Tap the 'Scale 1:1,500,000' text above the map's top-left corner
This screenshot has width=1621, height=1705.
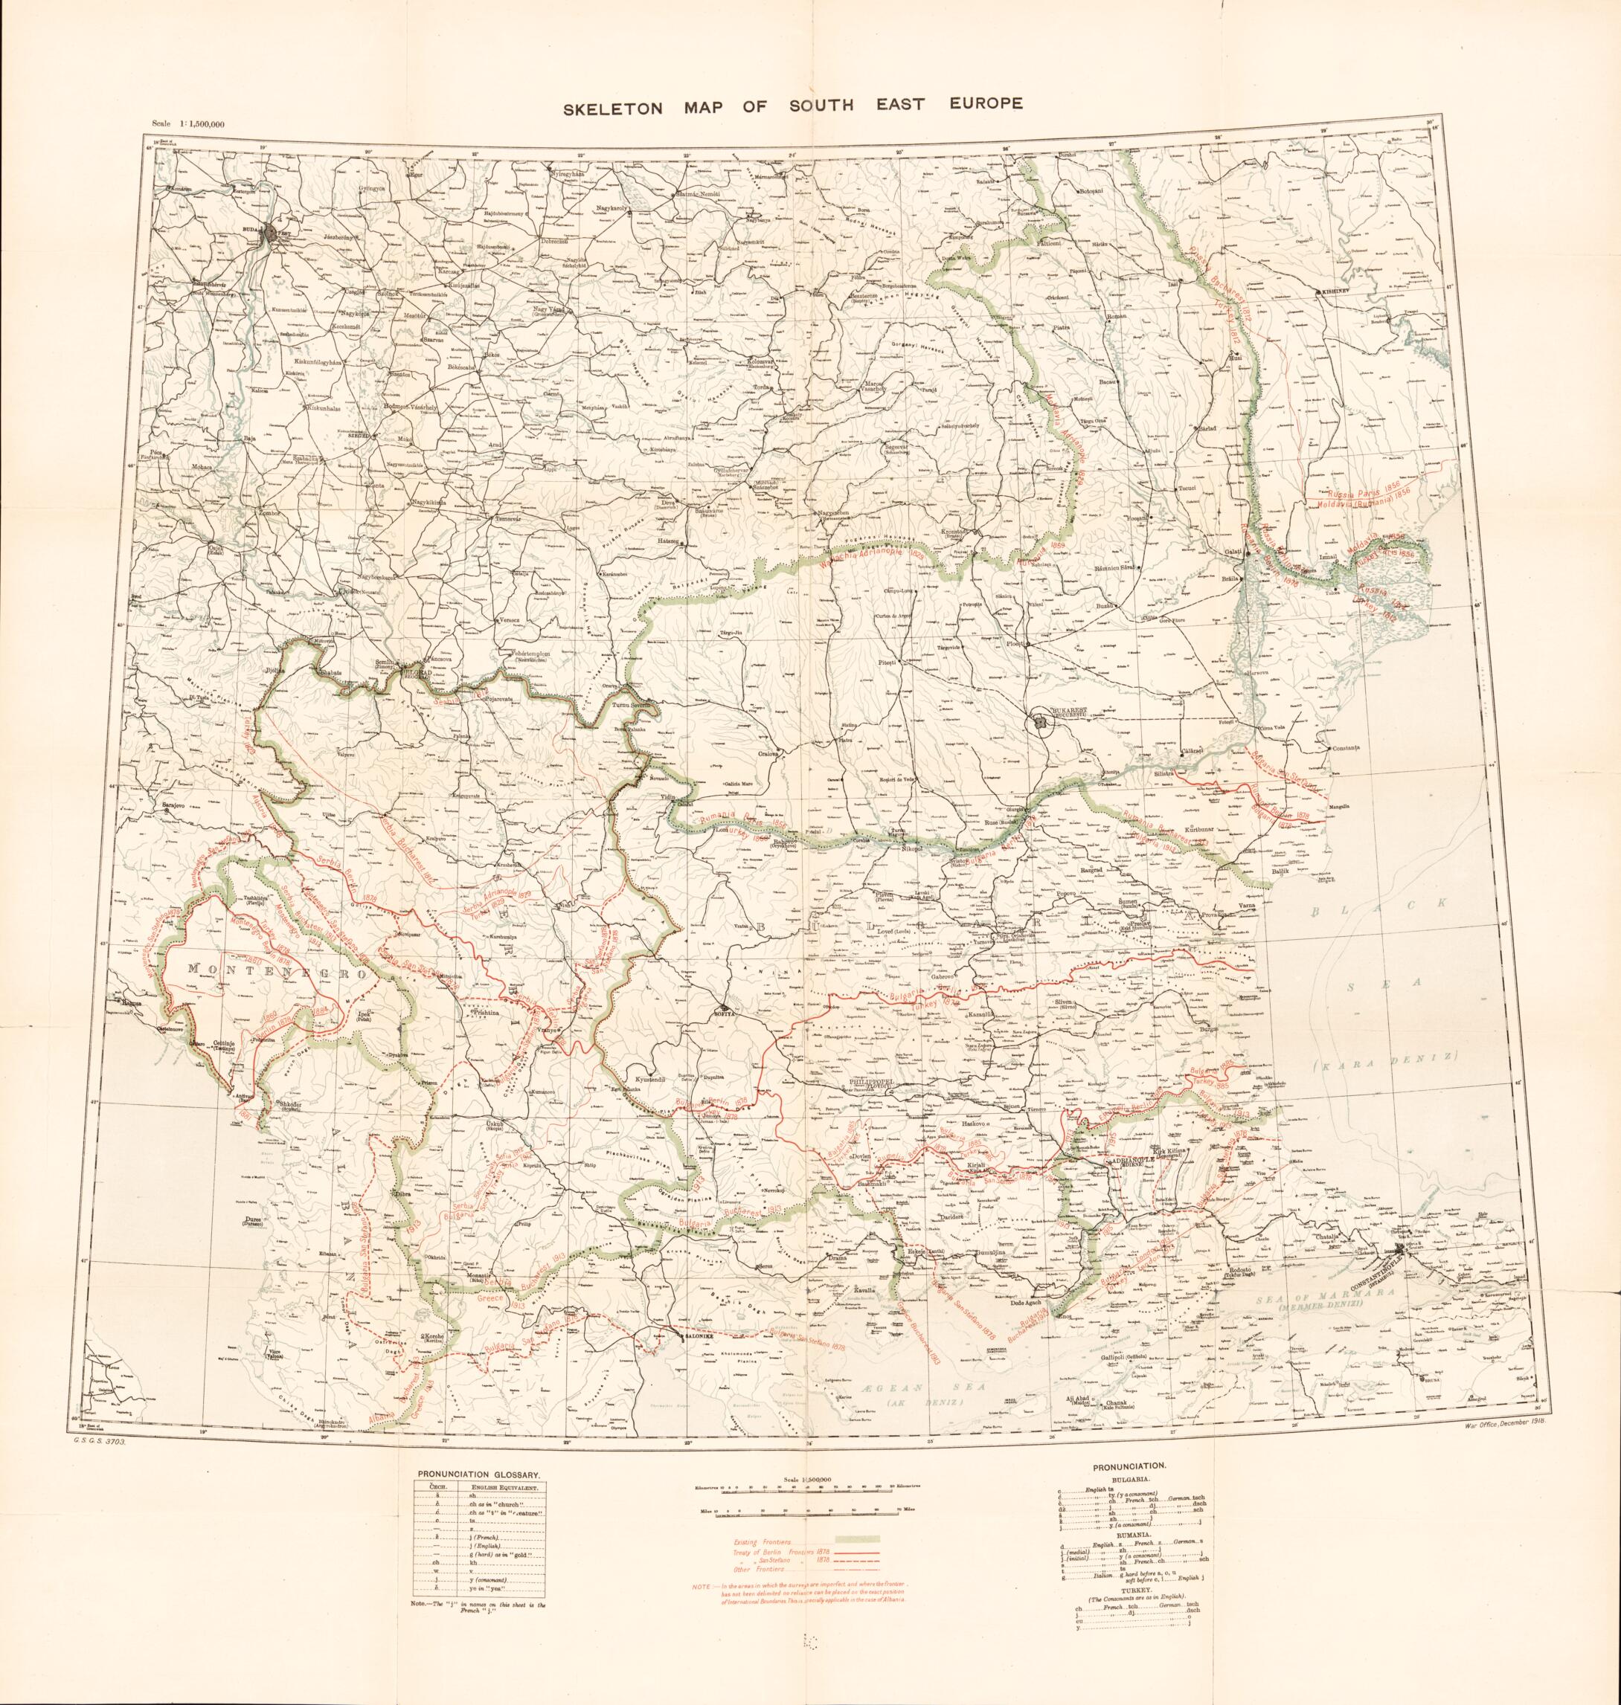pyautogui.click(x=187, y=124)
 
